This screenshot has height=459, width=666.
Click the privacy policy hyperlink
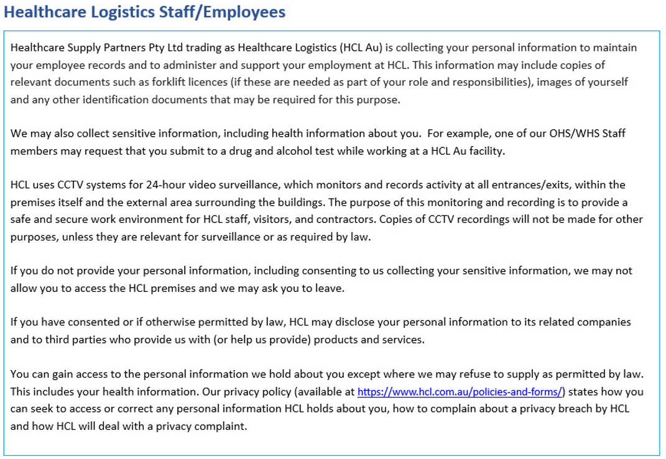[x=460, y=392]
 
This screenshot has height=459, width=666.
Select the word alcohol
[x=292, y=150]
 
